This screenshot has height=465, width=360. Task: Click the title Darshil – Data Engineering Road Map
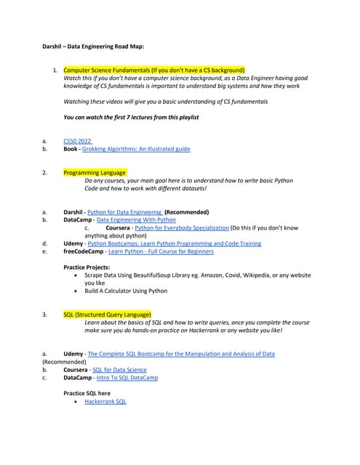pos(93,46)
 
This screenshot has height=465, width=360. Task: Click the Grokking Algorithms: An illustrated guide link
pos(136,149)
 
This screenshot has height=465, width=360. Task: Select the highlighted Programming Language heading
pos(95,172)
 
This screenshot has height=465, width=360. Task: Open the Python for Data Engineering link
pos(124,212)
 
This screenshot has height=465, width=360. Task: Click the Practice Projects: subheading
pos(88,267)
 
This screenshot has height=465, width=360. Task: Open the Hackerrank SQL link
pos(105,401)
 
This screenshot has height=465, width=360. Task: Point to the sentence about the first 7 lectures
pos(131,117)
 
